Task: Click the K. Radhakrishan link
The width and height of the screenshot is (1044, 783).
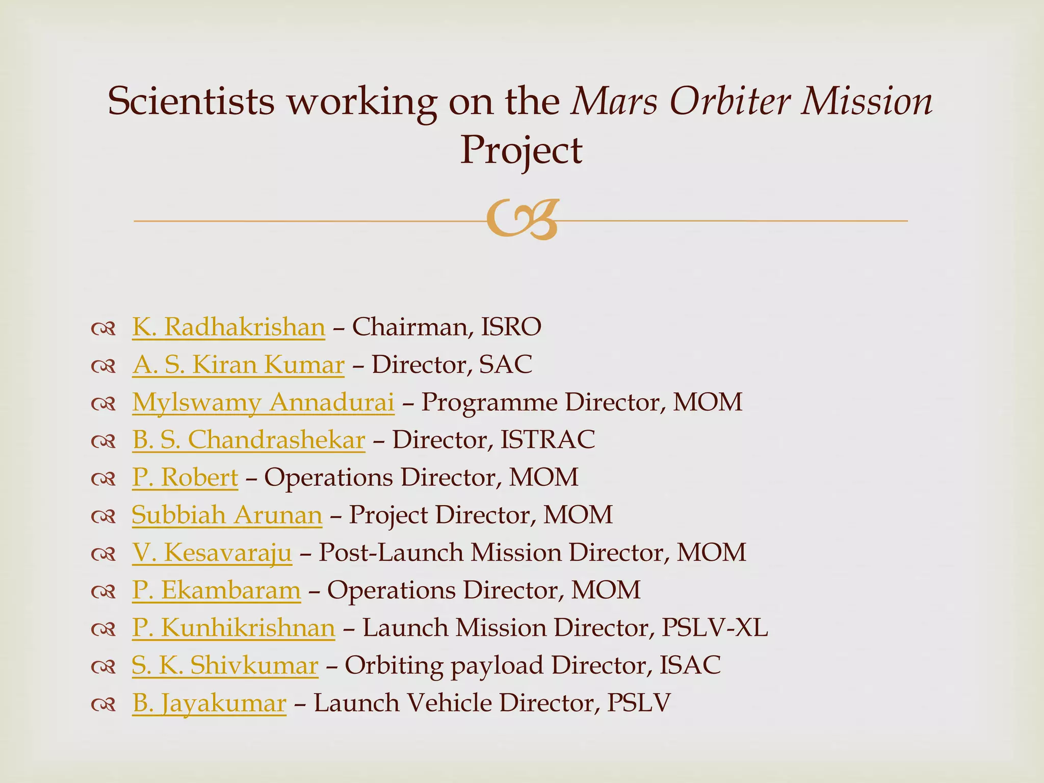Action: (x=228, y=327)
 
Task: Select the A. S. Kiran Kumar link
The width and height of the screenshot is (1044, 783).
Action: (x=238, y=364)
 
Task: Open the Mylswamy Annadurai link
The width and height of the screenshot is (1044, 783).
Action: (x=263, y=402)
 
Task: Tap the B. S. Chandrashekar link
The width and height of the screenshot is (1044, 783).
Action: (x=249, y=440)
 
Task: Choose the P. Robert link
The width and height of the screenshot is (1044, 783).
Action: (x=185, y=478)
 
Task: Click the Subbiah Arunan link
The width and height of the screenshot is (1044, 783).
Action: (x=227, y=515)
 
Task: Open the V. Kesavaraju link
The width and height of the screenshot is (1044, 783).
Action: (x=212, y=553)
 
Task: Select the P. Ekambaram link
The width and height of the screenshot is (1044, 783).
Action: (x=217, y=590)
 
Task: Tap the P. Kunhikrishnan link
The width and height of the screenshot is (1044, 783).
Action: (x=233, y=628)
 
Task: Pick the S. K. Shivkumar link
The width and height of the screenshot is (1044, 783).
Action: (x=225, y=665)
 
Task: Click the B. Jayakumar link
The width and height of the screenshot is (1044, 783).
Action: (x=209, y=703)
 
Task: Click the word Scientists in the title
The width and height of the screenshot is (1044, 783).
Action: (x=191, y=101)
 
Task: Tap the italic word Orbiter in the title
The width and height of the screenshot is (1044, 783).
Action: (x=728, y=101)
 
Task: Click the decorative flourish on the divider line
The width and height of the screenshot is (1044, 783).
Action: (x=522, y=220)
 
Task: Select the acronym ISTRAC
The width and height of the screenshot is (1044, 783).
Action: (x=547, y=440)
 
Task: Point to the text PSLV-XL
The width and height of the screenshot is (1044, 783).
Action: (x=714, y=628)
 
